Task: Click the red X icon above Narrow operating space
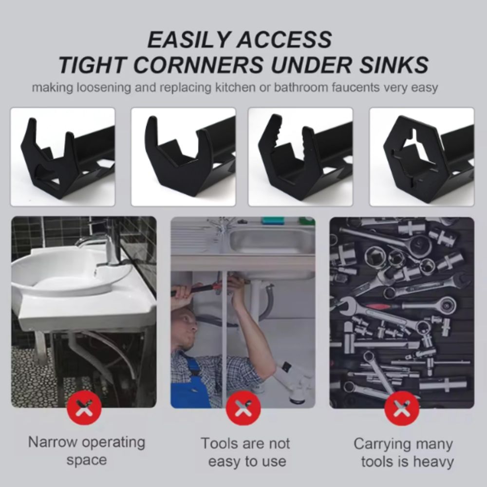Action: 84,408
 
